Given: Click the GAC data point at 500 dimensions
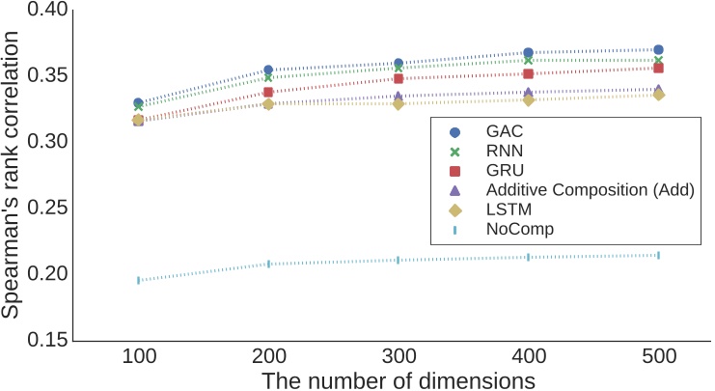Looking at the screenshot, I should (658, 49).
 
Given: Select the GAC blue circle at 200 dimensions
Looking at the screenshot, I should (268, 70).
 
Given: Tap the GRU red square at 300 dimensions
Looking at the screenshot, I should (399, 78).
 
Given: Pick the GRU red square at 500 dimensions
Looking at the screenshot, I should (658, 68).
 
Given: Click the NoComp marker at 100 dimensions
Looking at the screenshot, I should (138, 280).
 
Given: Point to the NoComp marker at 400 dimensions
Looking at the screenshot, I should (529, 257).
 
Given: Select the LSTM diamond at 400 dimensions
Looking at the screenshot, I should (529, 99).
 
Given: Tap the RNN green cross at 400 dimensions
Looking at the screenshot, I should (529, 60).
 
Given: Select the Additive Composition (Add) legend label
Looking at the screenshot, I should (590, 189).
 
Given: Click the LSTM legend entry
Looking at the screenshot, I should (509, 209).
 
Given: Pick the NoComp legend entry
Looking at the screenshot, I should (520, 228).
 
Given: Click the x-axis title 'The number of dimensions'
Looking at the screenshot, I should (398, 379).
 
